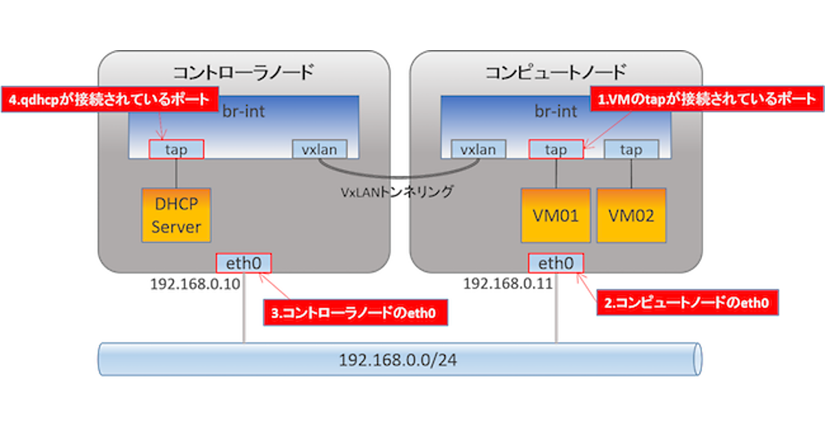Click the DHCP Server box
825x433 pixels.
pyautogui.click(x=176, y=214)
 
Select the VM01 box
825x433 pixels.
pyautogui.click(x=555, y=215)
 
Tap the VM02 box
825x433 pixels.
pyautogui.click(x=631, y=215)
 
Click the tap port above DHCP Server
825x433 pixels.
pyautogui.click(x=176, y=149)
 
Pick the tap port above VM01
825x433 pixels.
pyautogui.click(x=556, y=149)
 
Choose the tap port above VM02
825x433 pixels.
pyautogui.click(x=631, y=149)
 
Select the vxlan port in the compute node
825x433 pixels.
pyautogui.click(x=478, y=149)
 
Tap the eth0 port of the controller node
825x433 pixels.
pyautogui.click(x=243, y=263)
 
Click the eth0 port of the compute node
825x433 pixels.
pyautogui.click(x=555, y=263)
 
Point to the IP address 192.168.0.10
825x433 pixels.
pyautogui.click(x=195, y=284)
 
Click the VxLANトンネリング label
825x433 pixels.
pyautogui.click(x=397, y=192)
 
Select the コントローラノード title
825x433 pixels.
pyautogui.click(x=243, y=71)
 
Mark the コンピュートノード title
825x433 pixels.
pyautogui.click(x=555, y=71)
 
